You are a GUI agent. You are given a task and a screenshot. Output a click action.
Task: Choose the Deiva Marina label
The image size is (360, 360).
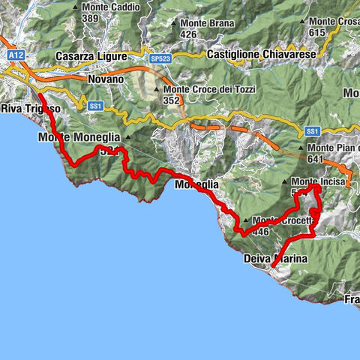pyautogui.click(x=276, y=258)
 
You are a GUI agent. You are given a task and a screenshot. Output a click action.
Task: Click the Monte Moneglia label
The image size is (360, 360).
pyautogui.click(x=80, y=138)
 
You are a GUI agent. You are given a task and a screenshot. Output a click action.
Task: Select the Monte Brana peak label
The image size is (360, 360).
pyautogui.click(x=204, y=23)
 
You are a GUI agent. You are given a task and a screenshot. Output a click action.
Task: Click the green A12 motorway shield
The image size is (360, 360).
pyautogui.click(x=14, y=55)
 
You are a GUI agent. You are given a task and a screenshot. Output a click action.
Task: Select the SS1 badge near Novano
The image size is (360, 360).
pyautogui.click(x=94, y=106)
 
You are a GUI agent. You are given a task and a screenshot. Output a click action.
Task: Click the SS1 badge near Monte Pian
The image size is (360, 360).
pyautogui.click(x=312, y=131)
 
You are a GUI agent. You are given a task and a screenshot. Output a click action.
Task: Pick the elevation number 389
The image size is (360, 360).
pyautogui.click(x=91, y=18)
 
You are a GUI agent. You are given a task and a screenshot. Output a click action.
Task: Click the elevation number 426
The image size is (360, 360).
pyautogui.click(x=187, y=34)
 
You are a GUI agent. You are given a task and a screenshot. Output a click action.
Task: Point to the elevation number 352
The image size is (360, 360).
pyautogui.click(x=172, y=100)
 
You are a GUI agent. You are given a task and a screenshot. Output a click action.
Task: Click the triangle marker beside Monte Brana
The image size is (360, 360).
pyautogui.click(x=174, y=23)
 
